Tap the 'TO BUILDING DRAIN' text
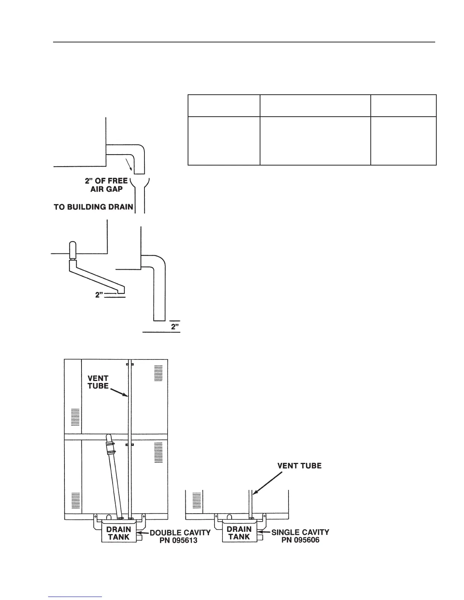coord(93,207)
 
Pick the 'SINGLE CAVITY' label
coord(300,532)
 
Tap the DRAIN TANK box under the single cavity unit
coord(240,533)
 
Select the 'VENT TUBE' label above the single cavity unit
coord(299,466)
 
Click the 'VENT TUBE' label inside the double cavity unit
coord(98,382)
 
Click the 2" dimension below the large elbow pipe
coord(175,327)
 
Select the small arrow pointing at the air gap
coord(129,166)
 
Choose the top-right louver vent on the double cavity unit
coord(158,373)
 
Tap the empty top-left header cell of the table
coord(224,105)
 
